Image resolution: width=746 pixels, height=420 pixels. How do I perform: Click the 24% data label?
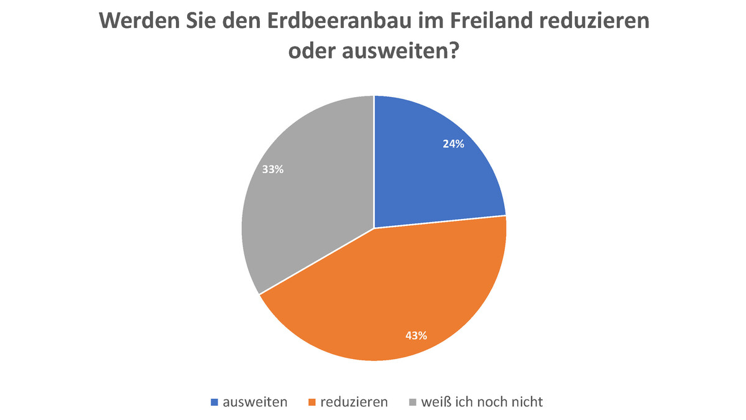453,144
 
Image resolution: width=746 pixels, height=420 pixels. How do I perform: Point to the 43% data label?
415,336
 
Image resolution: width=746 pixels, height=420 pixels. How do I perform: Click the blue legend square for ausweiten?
214,403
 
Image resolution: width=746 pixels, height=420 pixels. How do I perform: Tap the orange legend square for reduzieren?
312,403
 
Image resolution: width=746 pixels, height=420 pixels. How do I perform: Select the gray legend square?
412,403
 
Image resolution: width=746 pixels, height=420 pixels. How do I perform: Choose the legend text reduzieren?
354,402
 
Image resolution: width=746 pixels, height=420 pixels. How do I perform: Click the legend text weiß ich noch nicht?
482,402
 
